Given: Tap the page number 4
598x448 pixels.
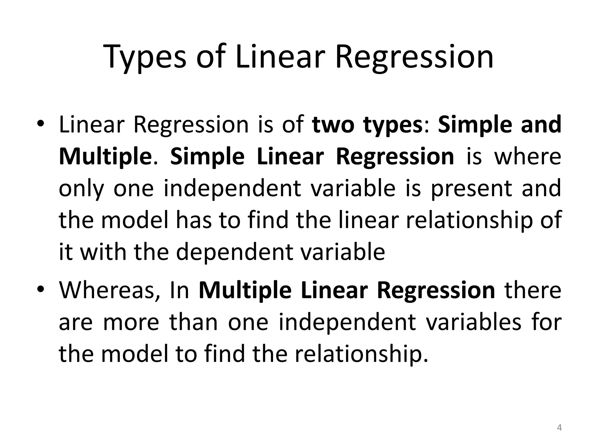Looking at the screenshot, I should tap(559, 428).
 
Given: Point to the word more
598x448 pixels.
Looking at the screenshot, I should tap(131, 322).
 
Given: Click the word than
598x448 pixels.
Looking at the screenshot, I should tap(194, 322).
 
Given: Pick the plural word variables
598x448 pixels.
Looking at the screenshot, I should tap(473, 322).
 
